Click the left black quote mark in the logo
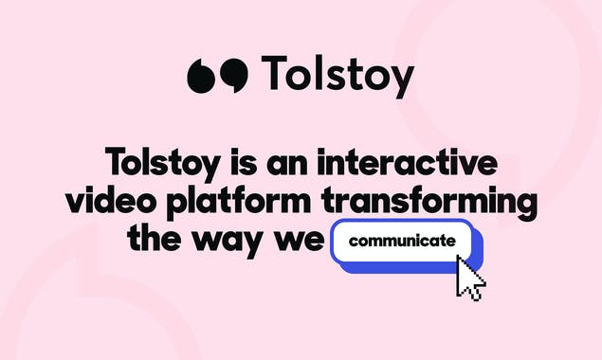coord(203,76)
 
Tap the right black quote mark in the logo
coord(233,76)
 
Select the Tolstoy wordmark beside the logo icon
coord(337,74)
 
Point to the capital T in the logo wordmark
coord(274,71)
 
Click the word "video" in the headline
coord(105,202)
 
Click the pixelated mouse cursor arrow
coord(469,278)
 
